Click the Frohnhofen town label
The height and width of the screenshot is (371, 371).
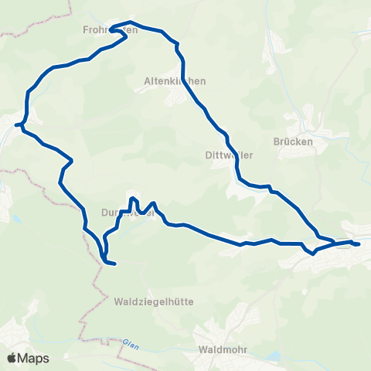pos(110,30)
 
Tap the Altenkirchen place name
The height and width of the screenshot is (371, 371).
pos(175,80)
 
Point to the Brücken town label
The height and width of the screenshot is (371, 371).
pos(293,142)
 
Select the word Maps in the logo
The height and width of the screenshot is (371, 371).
pos(35,358)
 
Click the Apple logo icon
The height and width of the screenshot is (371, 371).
pos(13,358)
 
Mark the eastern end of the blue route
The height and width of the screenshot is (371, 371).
pos(359,244)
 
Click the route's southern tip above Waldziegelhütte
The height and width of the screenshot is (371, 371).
pos(114,264)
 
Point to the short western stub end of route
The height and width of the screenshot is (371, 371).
pos(15,124)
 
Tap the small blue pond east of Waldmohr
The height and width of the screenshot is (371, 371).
pos(272,357)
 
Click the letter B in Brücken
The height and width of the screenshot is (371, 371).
pos(277,142)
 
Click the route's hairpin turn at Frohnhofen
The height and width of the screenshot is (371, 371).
pos(113,30)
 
